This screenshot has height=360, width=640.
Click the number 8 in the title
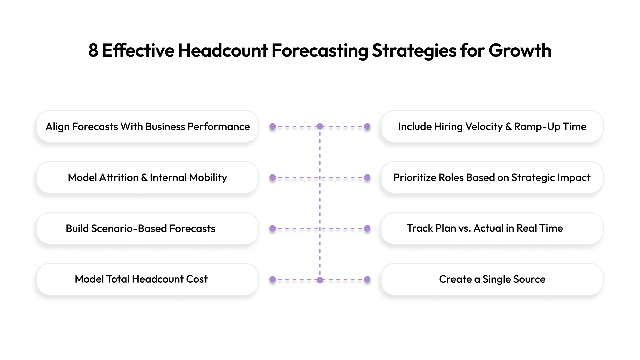(x=93, y=51)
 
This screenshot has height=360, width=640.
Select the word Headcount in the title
(x=223, y=51)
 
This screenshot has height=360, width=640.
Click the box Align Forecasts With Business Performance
(x=148, y=127)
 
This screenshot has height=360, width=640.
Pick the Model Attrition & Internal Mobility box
(x=148, y=178)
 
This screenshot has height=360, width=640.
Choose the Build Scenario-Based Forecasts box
(x=148, y=229)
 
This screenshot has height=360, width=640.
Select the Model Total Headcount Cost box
(x=148, y=279)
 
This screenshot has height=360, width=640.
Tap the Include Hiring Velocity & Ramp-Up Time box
(x=492, y=127)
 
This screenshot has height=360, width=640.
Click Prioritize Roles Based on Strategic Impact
(x=492, y=178)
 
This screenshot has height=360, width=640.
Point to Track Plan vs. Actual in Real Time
(x=492, y=229)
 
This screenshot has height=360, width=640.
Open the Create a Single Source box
(x=492, y=279)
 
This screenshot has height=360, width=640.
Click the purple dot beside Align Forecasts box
(x=273, y=127)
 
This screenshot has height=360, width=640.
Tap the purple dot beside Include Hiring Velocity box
(x=367, y=127)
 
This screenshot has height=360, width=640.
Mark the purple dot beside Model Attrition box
(x=273, y=178)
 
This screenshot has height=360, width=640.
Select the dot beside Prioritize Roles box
(x=367, y=178)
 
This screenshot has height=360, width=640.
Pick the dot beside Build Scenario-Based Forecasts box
(x=273, y=229)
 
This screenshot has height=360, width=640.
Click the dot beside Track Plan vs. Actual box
(x=367, y=229)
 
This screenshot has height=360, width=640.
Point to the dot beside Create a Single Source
(x=367, y=279)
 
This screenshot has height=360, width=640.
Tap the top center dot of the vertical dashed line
(x=320, y=127)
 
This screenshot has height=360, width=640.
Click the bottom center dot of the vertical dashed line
(x=320, y=280)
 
